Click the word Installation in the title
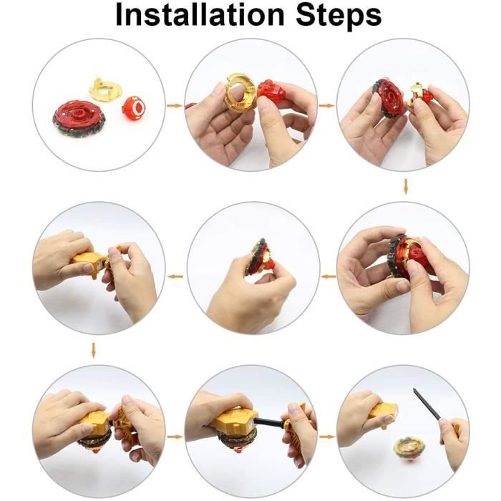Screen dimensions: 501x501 click(200, 15)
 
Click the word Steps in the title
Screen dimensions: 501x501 click(339, 16)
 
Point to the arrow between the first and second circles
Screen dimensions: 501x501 click(175, 105)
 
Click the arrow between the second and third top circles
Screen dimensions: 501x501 click(327, 105)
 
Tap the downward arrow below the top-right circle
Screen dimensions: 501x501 click(406, 187)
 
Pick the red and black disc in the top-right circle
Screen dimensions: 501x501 click(390, 99)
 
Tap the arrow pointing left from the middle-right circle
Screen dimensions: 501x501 click(328, 276)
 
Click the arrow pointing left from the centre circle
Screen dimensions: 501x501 click(175, 276)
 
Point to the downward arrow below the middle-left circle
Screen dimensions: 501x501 click(93, 350)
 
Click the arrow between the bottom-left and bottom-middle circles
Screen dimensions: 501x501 click(175, 437)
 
